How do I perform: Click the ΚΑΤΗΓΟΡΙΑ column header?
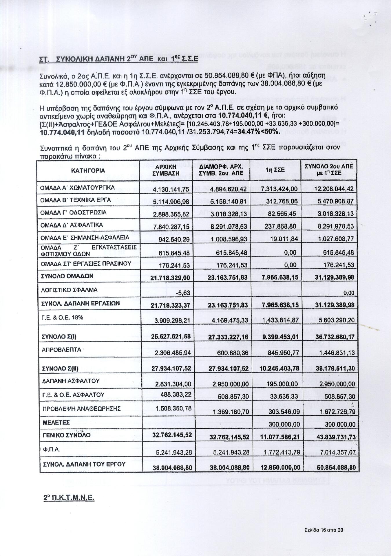[x=88, y=170]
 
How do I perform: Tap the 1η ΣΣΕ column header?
[x=275, y=170]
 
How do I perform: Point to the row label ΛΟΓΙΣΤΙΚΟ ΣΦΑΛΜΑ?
[x=69, y=290]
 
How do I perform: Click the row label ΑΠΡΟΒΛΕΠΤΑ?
[x=61, y=349]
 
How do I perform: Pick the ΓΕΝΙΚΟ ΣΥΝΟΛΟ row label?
[x=66, y=435]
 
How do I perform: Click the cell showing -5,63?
[x=183, y=293]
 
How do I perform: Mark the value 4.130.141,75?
[x=171, y=189]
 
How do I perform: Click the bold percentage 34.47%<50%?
[x=259, y=132]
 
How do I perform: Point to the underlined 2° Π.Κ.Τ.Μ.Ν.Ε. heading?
[x=69, y=498]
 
